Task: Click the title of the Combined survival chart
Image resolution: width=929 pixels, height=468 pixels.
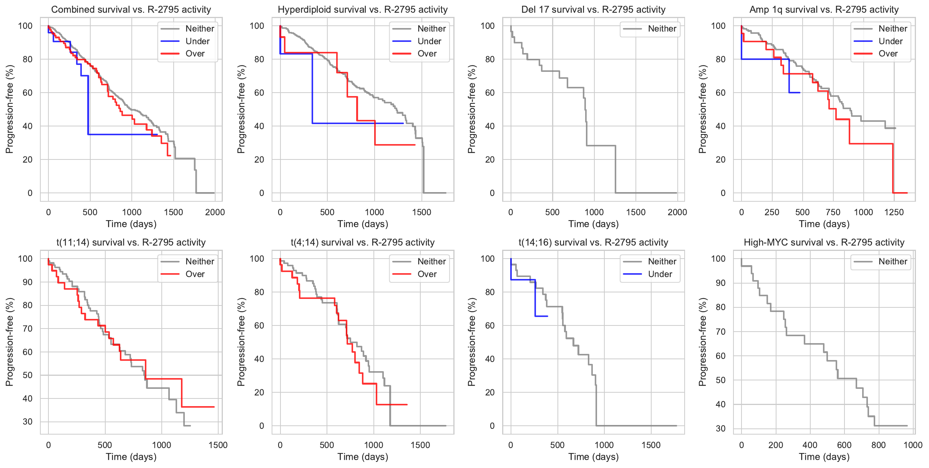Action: [x=131, y=10]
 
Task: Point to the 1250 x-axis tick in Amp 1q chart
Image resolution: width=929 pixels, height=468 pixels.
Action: [x=894, y=212]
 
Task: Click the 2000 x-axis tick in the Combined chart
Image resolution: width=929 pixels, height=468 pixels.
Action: [x=215, y=212]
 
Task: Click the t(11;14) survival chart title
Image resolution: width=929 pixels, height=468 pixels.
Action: [x=131, y=242]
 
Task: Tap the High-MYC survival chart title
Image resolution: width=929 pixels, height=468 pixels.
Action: [x=824, y=242]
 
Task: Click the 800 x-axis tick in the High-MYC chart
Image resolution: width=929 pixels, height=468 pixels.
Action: [x=878, y=445]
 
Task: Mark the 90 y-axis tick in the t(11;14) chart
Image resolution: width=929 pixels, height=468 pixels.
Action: [x=28, y=282]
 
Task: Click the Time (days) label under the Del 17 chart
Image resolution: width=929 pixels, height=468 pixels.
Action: [x=593, y=224]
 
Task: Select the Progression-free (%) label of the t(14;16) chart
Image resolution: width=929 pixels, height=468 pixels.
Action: [x=471, y=342]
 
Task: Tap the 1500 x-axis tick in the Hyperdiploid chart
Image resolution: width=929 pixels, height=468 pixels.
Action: [x=421, y=212]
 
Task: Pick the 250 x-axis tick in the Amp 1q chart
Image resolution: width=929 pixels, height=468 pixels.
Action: [x=771, y=212]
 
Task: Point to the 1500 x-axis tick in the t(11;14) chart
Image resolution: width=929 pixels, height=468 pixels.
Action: [x=218, y=445]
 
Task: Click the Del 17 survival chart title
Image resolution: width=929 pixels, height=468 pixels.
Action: [x=593, y=10]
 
